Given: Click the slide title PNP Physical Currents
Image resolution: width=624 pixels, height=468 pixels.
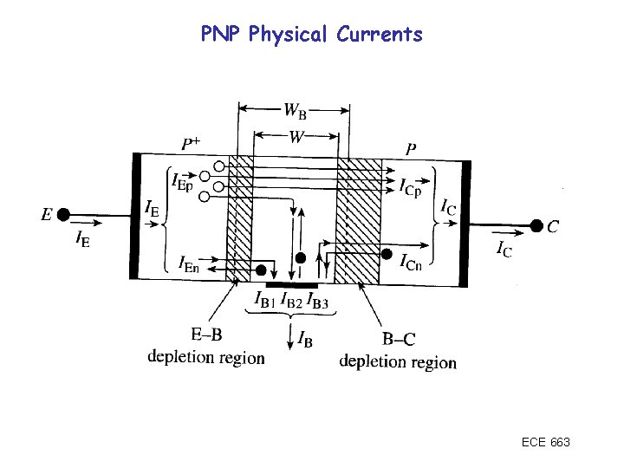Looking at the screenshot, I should tap(311, 35).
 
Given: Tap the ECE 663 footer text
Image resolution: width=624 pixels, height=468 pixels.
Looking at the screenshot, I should tap(546, 443).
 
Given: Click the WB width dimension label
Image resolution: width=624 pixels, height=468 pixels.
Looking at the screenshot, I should tap(295, 111).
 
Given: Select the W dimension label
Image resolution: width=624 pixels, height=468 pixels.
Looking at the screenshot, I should tap(296, 135).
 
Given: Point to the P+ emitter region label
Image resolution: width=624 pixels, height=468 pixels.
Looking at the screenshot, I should tap(192, 143).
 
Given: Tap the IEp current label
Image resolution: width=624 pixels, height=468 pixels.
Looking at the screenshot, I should tap(181, 182).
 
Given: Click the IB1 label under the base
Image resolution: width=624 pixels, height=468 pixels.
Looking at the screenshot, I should tap(265, 301).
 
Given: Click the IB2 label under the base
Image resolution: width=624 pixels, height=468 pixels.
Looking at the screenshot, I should tap(293, 301).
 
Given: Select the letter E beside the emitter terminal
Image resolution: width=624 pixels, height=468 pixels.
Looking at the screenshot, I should tap(47, 215).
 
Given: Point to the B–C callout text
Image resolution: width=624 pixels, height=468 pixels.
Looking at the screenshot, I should tap(398, 341).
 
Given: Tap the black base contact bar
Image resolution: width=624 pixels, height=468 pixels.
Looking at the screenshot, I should tap(291, 283).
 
